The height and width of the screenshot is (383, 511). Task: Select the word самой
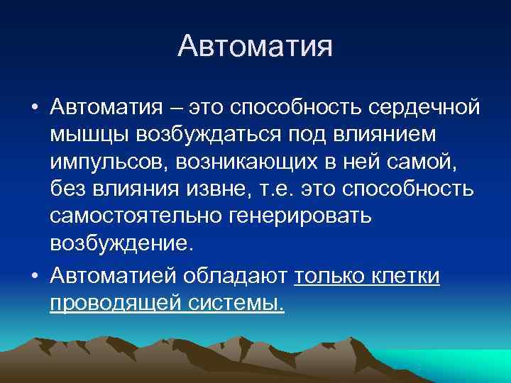423,161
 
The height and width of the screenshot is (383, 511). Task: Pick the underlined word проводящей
114,303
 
